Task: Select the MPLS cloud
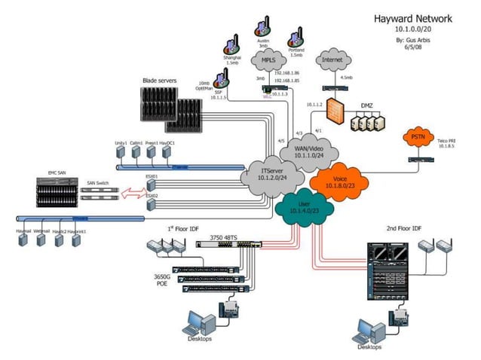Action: click(x=269, y=59)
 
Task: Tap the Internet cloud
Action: click(x=333, y=59)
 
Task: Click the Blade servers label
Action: click(x=161, y=80)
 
